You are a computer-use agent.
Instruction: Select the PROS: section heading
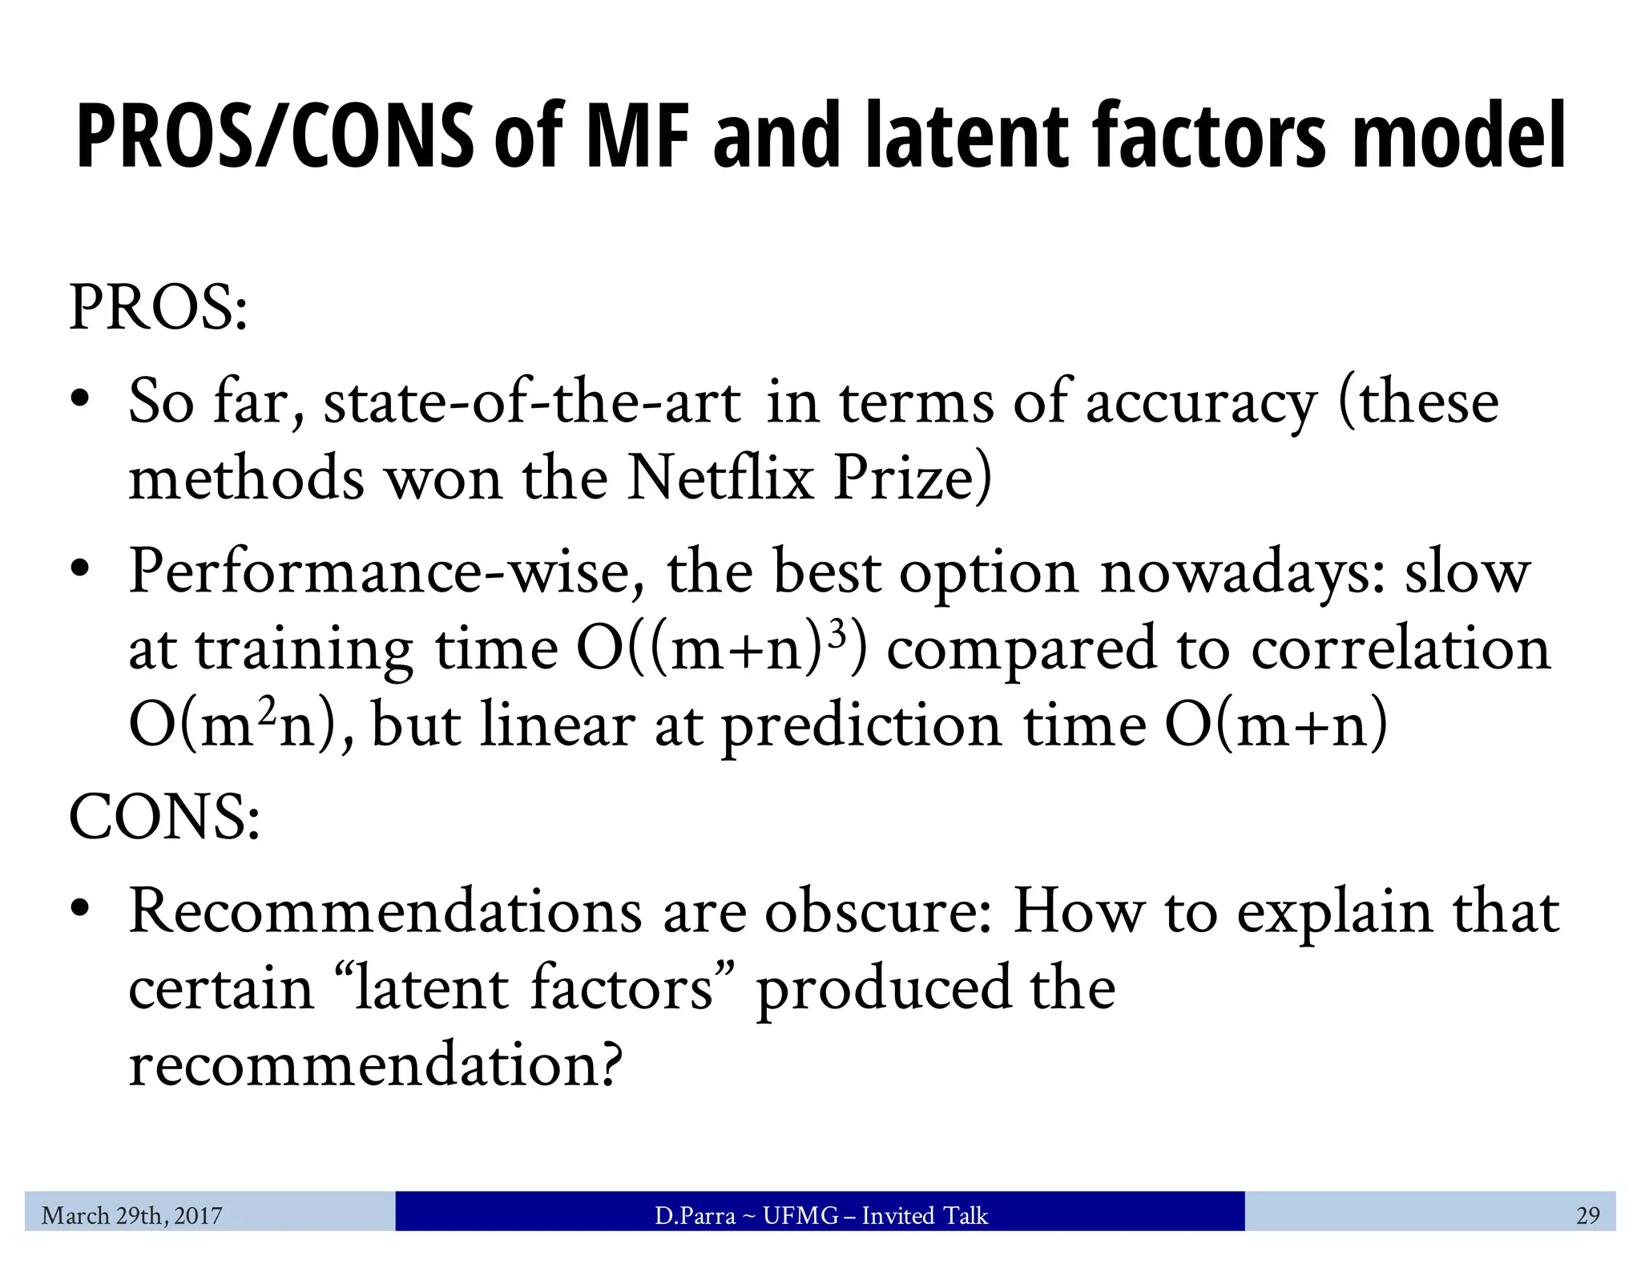click(x=159, y=309)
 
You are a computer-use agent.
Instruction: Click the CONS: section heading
click(x=164, y=818)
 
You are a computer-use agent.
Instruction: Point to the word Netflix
click(x=720, y=479)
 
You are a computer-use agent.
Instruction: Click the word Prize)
click(x=912, y=479)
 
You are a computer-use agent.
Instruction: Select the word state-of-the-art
click(x=532, y=402)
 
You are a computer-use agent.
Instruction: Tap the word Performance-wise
click(x=387, y=572)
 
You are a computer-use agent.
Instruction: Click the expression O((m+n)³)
click(x=721, y=648)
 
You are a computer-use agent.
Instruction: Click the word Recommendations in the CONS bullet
click(x=385, y=912)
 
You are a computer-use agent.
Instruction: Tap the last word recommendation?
click(x=375, y=1064)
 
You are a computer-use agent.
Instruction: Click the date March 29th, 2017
click(x=132, y=1216)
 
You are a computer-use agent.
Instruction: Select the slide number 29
click(x=1587, y=1216)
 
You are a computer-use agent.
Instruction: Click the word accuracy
click(x=1201, y=402)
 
